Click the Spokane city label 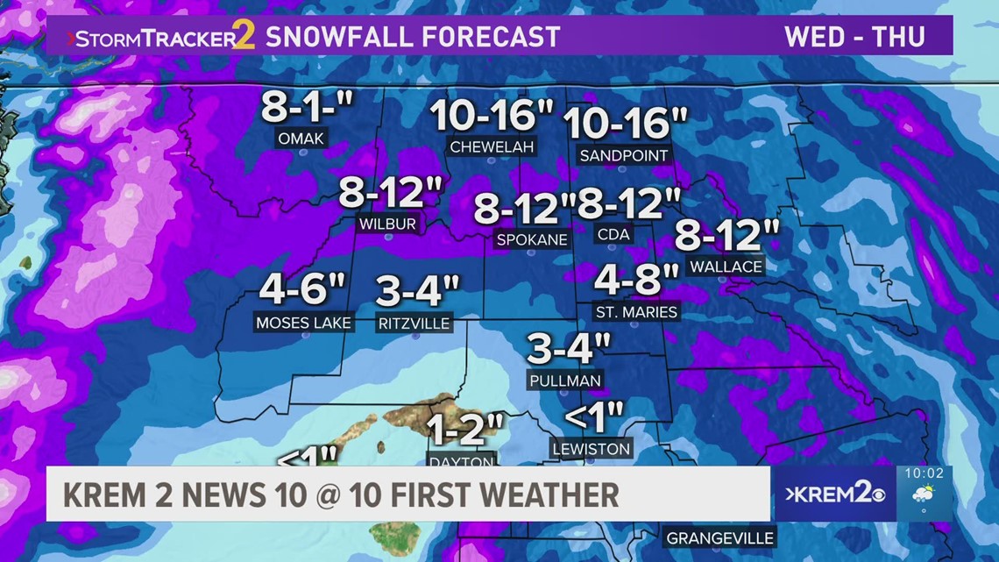(x=532, y=239)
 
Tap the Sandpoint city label (x=624, y=155)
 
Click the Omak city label (x=301, y=138)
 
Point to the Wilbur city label (x=387, y=224)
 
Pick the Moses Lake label (x=303, y=323)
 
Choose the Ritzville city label (x=414, y=324)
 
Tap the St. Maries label (x=636, y=311)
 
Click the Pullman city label (x=565, y=381)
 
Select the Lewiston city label (x=591, y=449)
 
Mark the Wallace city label (x=726, y=266)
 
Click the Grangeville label (x=719, y=537)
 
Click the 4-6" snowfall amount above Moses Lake (x=303, y=290)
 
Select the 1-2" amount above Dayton (x=464, y=430)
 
